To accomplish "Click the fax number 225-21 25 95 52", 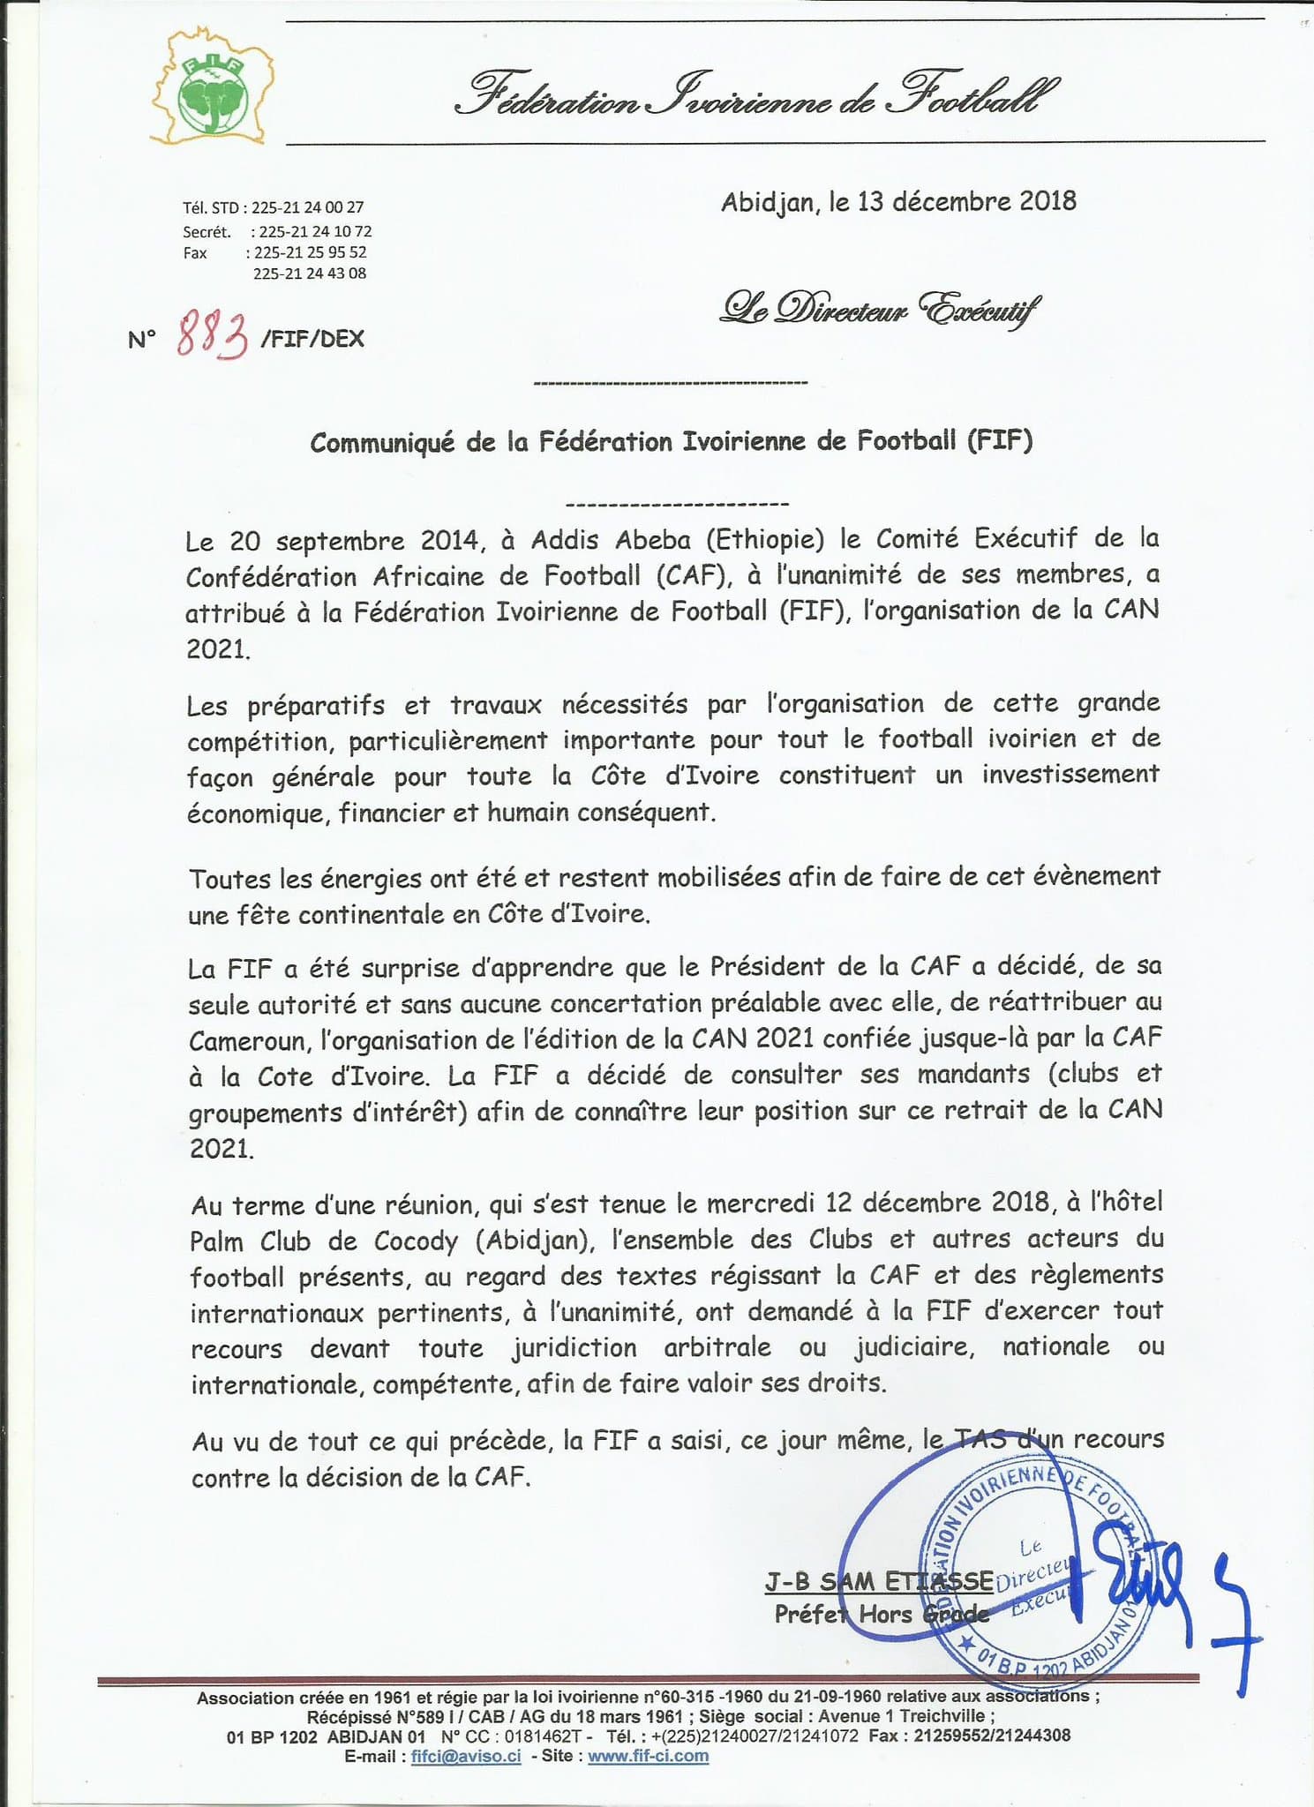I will pyautogui.click(x=310, y=252).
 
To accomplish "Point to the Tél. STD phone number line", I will pyautogui.click(x=273, y=208).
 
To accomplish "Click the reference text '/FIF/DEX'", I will pyautogui.click(x=313, y=339).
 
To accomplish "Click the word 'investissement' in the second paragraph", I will pyautogui.click(x=1071, y=775).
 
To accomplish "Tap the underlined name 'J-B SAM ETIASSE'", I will pyautogui.click(x=878, y=1580).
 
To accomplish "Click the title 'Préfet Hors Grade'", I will pyautogui.click(x=881, y=1614).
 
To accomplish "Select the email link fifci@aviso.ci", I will pyautogui.click(x=467, y=1756).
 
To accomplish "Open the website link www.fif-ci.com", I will pyautogui.click(x=648, y=1756).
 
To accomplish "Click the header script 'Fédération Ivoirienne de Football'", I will pyautogui.click(x=755, y=97).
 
